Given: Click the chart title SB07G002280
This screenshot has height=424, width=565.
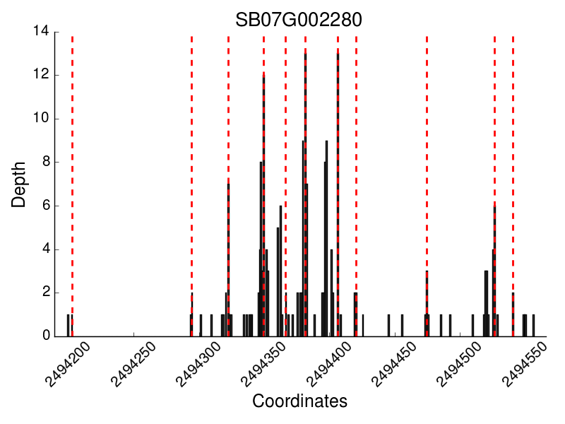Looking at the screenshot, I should point(299,20).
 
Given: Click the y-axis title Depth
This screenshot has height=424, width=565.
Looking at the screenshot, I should point(19,184).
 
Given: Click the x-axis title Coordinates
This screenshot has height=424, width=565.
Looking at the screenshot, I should point(299,401).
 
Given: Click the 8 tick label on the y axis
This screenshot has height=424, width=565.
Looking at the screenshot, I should point(44,163).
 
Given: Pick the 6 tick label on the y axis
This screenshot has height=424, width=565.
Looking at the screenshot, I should point(44,206).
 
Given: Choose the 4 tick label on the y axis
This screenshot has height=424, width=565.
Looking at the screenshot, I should point(44,249).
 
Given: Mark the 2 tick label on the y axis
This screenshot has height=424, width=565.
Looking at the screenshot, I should point(44,293).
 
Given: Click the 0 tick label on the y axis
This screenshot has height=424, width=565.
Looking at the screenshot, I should point(44,336).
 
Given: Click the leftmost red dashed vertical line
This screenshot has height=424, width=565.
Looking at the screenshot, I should point(72,184).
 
